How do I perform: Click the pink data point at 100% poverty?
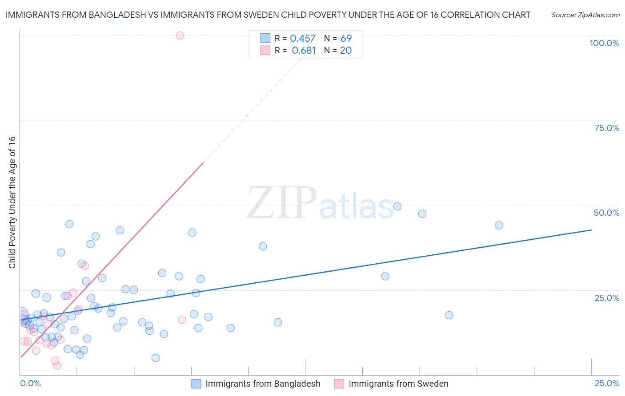(x=180, y=36)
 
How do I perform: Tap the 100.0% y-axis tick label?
(x=604, y=43)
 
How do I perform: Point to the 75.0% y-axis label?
(x=607, y=128)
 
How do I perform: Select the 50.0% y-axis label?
(x=606, y=213)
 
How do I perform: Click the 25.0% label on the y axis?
(x=607, y=298)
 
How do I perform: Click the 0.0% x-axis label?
(x=30, y=383)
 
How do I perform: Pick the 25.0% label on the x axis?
(x=607, y=383)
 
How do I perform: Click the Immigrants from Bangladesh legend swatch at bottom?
(x=196, y=384)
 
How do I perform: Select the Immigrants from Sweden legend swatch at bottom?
(x=339, y=384)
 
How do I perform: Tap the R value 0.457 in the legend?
(x=302, y=39)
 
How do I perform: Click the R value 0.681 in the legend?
(x=304, y=51)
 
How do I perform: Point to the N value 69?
(x=346, y=39)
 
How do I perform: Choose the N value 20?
(x=346, y=51)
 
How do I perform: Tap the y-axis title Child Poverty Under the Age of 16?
(x=12, y=202)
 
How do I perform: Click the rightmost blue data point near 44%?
(x=499, y=225)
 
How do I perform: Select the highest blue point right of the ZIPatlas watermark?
(x=397, y=206)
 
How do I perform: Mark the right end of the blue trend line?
(x=591, y=230)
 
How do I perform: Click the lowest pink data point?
(x=57, y=366)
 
